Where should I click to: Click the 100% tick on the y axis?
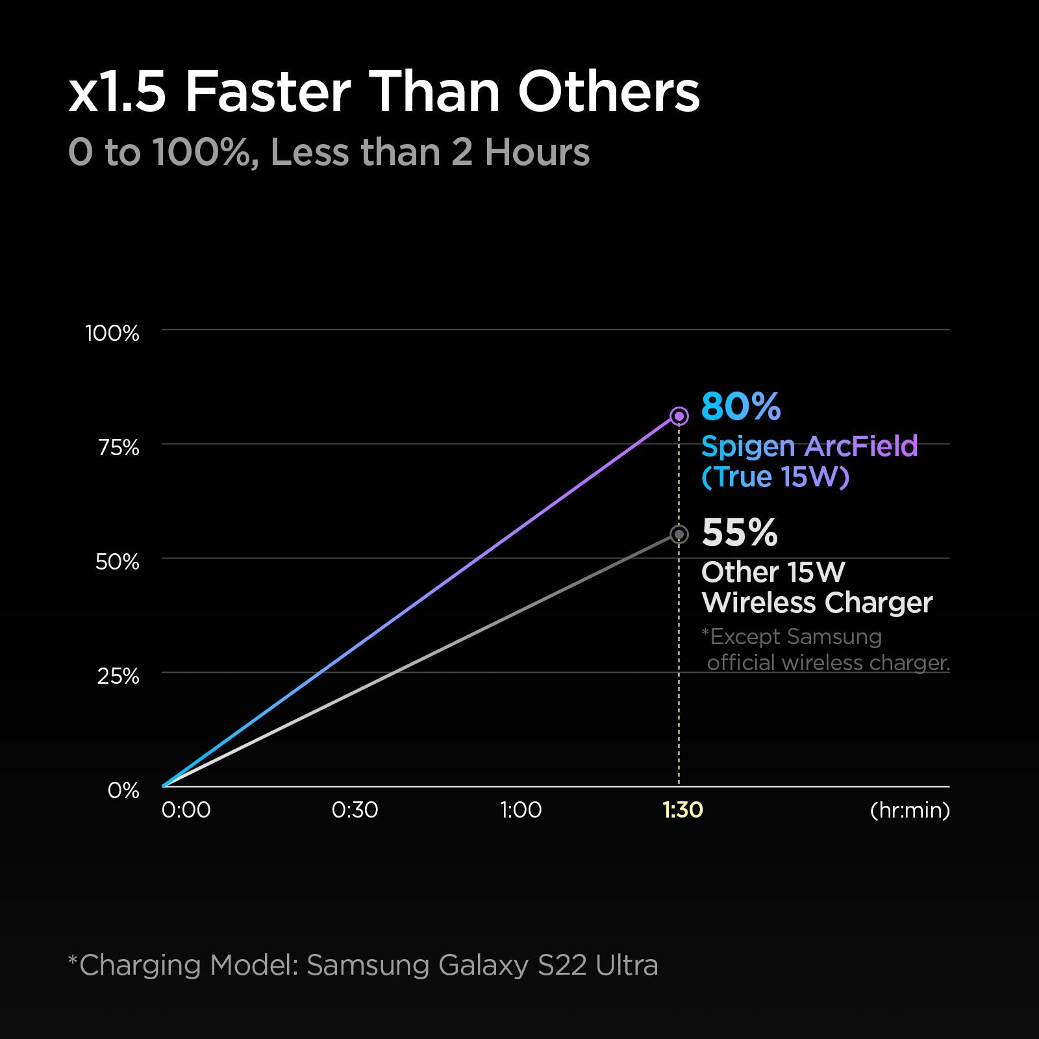coord(112,333)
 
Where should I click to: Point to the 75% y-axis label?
coord(119,447)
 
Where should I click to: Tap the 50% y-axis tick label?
coord(118,562)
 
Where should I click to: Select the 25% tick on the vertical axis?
coord(118,676)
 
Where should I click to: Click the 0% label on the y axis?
coord(123,790)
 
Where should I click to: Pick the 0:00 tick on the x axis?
coord(186,810)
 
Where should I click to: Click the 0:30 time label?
coord(355,810)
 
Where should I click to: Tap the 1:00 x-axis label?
coord(520,810)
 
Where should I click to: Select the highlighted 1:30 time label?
coord(682,810)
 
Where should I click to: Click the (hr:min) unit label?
coord(909,810)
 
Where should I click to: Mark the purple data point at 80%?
coord(679,416)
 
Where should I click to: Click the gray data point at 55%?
coord(679,534)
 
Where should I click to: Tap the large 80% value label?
coord(741,407)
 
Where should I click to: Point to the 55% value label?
coord(740,532)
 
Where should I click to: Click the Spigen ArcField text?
coord(809,447)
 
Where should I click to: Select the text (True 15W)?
coord(775,477)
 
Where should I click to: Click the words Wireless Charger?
coord(817,603)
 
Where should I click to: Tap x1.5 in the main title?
coord(118,92)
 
